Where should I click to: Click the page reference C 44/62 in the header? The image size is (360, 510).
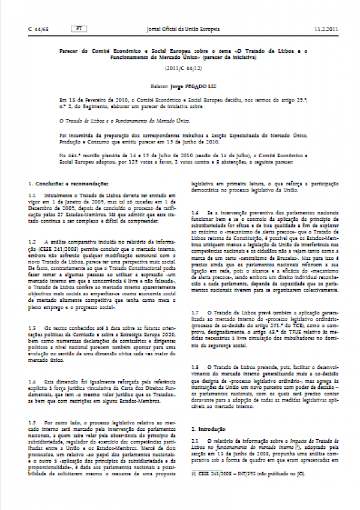39,28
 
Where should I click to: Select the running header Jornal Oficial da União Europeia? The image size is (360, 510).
180,28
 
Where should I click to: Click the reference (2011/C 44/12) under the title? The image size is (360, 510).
180,68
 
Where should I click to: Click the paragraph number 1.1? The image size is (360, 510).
32,196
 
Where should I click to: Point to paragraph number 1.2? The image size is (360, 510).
32,241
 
